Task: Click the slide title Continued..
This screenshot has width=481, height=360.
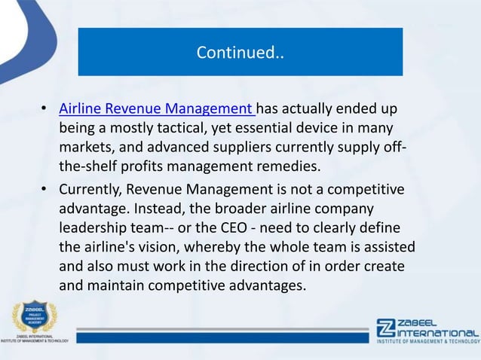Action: [240, 53]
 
